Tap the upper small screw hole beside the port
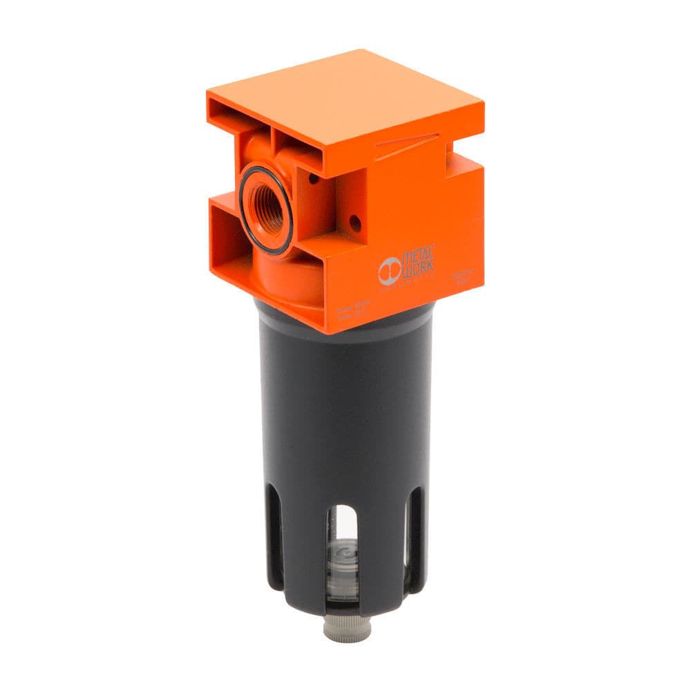pyautogui.click(x=314, y=179)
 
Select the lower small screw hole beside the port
pyautogui.click(x=355, y=223)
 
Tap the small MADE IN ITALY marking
pyautogui.click(x=461, y=277)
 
